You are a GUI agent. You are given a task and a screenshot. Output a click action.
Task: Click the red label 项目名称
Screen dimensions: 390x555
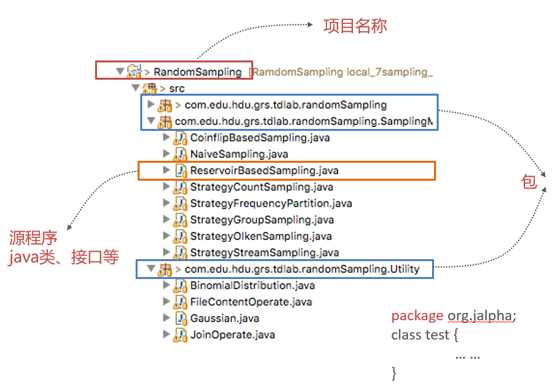click(x=355, y=27)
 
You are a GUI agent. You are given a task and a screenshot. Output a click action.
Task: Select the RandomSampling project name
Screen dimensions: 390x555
click(x=197, y=72)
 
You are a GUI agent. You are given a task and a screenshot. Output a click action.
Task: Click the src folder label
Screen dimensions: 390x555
click(x=177, y=88)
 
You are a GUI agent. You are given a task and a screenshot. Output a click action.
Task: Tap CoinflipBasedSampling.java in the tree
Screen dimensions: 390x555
click(x=259, y=138)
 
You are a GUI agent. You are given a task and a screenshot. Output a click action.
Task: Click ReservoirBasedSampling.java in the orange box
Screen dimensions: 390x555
click(x=265, y=171)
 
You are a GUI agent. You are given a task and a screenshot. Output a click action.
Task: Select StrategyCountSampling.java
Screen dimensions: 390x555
click(x=261, y=187)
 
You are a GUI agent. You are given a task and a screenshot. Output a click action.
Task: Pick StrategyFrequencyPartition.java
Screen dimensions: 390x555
click(x=271, y=203)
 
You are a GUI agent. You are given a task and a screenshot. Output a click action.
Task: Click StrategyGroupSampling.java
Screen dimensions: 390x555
click(x=262, y=220)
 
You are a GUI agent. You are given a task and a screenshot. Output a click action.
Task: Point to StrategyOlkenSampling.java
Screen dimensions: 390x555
click(x=261, y=236)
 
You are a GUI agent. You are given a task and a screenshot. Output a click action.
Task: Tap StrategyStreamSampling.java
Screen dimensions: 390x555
click(x=264, y=252)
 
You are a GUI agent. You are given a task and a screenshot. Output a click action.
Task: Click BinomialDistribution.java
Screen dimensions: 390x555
click(x=252, y=286)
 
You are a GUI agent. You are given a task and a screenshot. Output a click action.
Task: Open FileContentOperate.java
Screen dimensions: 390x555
click(x=251, y=302)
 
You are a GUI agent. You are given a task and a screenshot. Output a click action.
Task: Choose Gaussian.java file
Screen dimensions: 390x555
click(x=225, y=318)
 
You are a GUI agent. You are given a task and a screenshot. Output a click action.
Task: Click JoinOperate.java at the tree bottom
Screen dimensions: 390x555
click(x=232, y=335)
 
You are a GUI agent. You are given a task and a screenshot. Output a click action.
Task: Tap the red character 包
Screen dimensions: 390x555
click(x=529, y=183)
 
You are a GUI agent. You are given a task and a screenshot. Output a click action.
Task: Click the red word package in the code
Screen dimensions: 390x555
click(x=417, y=316)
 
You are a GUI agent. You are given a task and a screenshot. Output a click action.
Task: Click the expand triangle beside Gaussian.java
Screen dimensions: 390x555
click(x=166, y=318)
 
